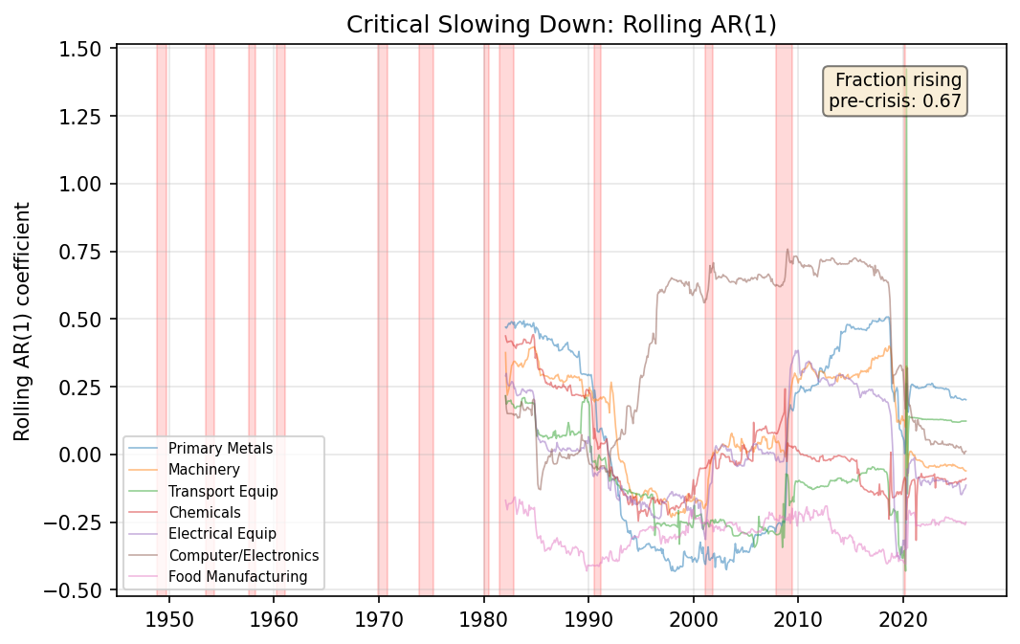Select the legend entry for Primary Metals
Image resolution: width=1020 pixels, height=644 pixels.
pyautogui.click(x=221, y=448)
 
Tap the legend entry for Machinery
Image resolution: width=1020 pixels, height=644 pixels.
pyautogui.click(x=204, y=469)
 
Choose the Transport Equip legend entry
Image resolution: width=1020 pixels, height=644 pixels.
pyautogui.click(x=223, y=491)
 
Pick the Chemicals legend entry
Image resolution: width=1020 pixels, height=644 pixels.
pyautogui.click(x=205, y=512)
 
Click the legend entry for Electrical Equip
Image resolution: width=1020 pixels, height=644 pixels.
pyautogui.click(x=222, y=534)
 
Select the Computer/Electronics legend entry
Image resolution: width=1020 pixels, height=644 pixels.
pyautogui.click(x=243, y=555)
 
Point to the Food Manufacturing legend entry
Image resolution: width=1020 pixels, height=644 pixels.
pyautogui.click(x=237, y=577)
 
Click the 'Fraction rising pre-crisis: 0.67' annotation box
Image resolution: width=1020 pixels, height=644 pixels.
pyautogui.click(x=895, y=91)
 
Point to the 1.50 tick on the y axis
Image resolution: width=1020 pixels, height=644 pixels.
pyautogui.click(x=87, y=48)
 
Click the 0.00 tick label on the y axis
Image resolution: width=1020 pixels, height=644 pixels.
pyautogui.click(x=87, y=455)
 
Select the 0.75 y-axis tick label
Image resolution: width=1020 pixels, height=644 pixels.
pyautogui.click(x=87, y=252)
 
